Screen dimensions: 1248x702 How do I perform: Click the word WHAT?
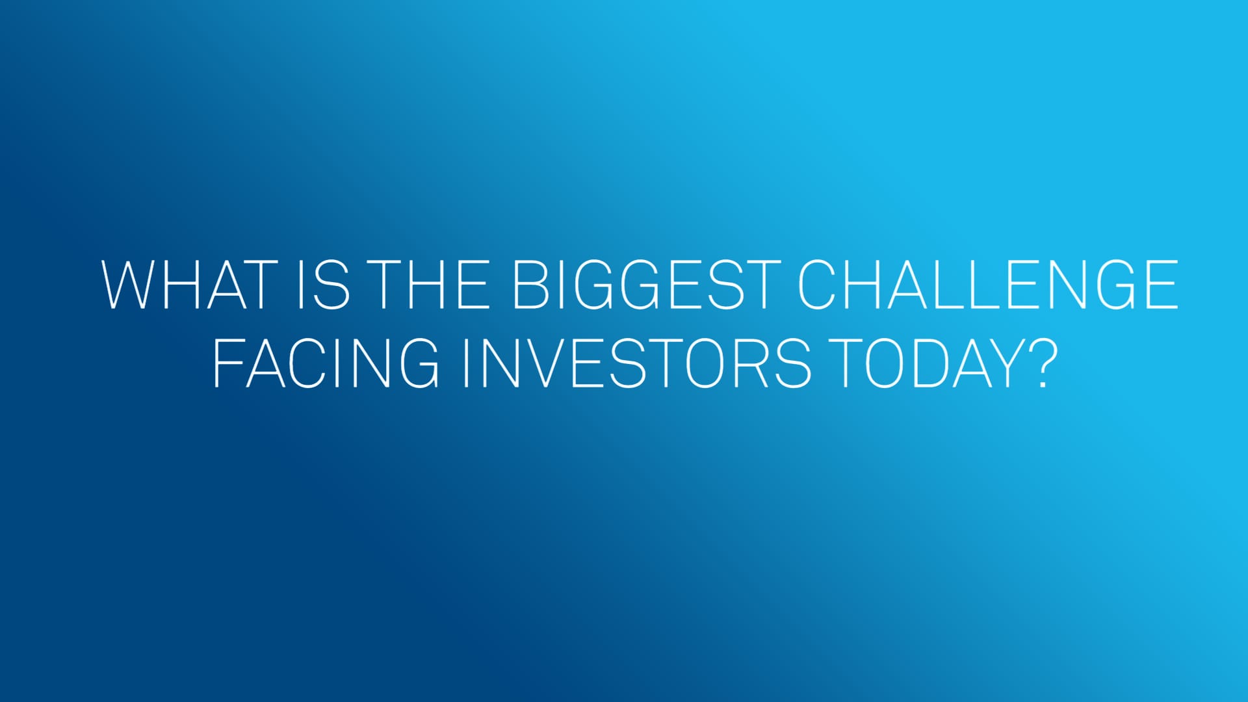pyautogui.click(x=190, y=285)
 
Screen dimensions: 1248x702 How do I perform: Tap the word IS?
pyautogui.click(x=324, y=285)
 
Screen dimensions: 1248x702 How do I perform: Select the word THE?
pyautogui.click(x=431, y=285)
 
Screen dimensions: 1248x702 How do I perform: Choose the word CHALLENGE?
pyautogui.click(x=988, y=285)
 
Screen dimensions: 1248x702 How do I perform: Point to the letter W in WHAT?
pyautogui.click(x=134, y=285)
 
